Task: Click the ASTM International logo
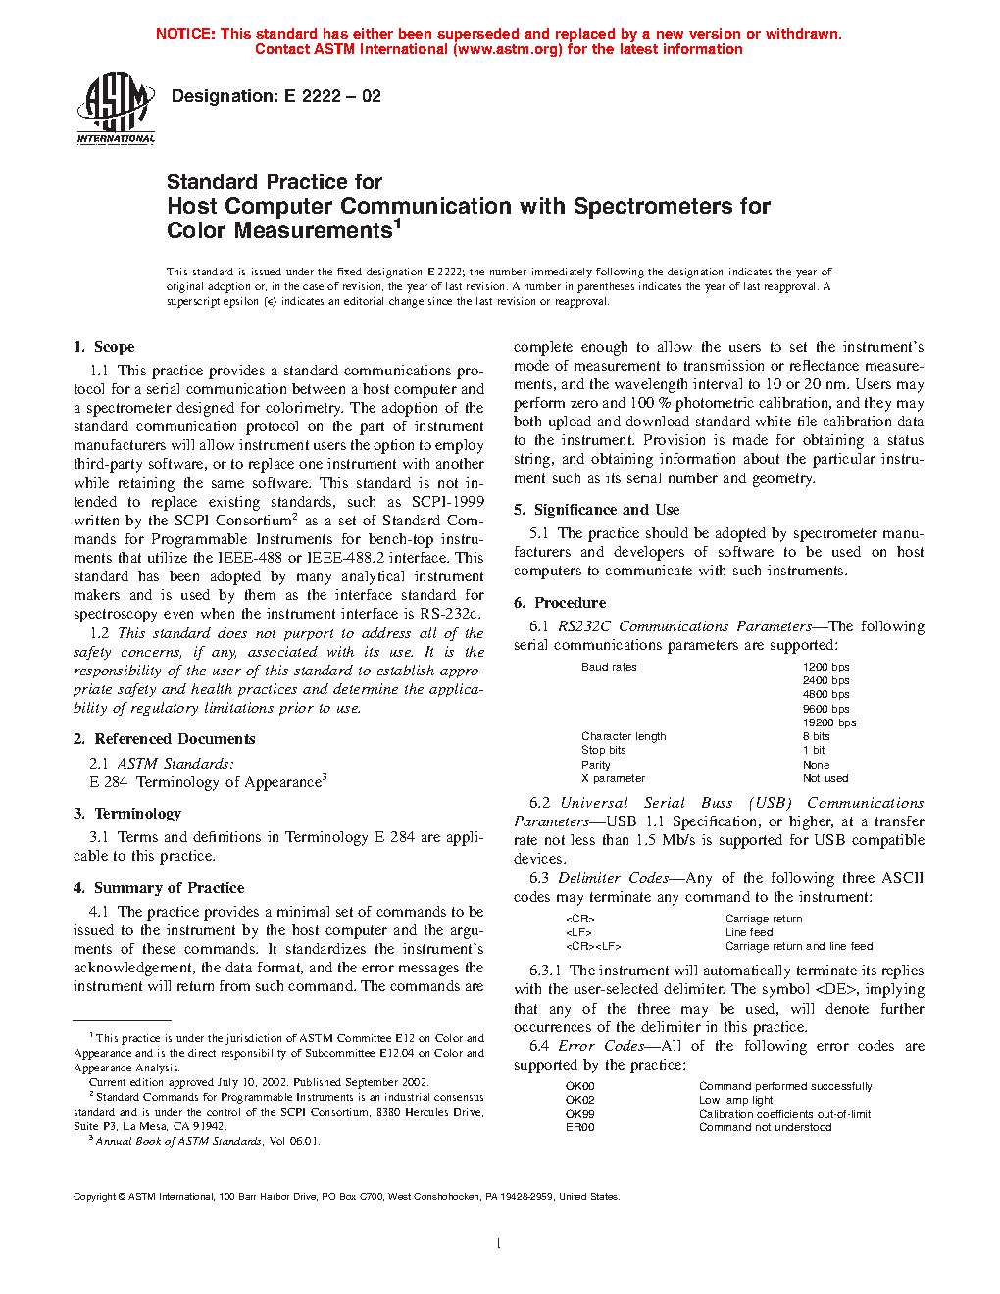(x=116, y=109)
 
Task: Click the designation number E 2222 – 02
(x=331, y=96)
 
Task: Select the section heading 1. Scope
(x=104, y=347)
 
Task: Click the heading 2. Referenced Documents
(x=164, y=739)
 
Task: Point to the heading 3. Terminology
(x=127, y=814)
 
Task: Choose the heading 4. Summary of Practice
(x=159, y=888)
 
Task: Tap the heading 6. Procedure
(x=560, y=603)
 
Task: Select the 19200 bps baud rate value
(x=829, y=722)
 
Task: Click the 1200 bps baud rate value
(x=826, y=667)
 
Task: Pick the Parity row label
(x=596, y=765)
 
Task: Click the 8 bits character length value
(x=817, y=736)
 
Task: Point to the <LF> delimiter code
(x=578, y=932)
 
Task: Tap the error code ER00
(x=580, y=1127)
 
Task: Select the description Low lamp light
(x=736, y=1100)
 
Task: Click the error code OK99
(x=580, y=1114)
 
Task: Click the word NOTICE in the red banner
(x=185, y=34)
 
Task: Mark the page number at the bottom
(x=499, y=1244)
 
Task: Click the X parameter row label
(x=613, y=778)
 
